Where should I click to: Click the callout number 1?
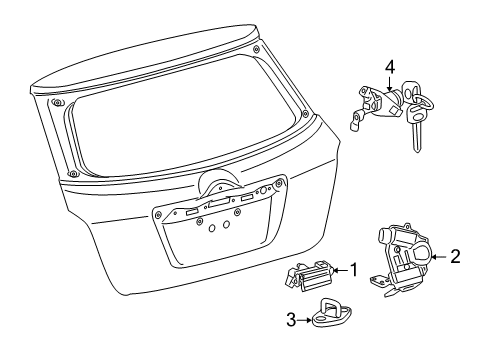coord(354,270)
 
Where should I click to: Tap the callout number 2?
coord(455,256)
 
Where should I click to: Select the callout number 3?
coord(291,320)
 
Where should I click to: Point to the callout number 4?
coord(390,67)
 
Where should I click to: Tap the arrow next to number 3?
coord(304,320)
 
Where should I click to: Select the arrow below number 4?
coord(390,83)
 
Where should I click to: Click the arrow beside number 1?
coord(341,270)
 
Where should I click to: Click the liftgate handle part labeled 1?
coord(309,275)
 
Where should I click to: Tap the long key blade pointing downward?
coord(416,137)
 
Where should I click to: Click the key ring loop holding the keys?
coord(423,104)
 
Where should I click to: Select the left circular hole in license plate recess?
coord(212,228)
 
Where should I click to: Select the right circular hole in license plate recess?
coord(226,224)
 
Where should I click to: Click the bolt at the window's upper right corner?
coord(256,49)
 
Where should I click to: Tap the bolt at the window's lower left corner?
coord(73,173)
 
